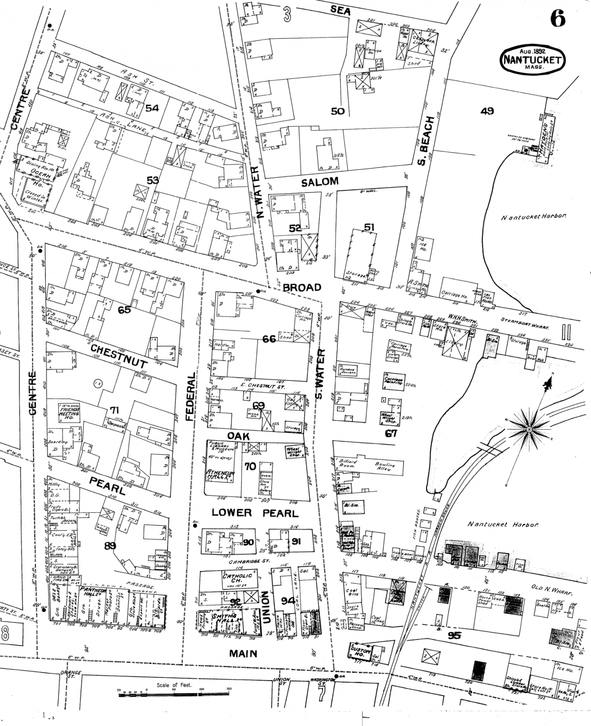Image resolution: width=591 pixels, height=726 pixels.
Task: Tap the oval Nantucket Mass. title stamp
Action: [x=532, y=60]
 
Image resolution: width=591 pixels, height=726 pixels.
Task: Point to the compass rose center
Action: [x=529, y=429]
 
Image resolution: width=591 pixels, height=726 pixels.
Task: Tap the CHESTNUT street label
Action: [x=119, y=356]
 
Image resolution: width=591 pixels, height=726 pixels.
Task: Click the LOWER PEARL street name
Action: [x=255, y=513]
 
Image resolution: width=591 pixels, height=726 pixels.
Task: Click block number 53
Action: [x=152, y=180]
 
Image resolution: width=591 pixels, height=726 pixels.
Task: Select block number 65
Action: [x=124, y=310]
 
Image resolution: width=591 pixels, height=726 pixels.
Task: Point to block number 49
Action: [x=487, y=111]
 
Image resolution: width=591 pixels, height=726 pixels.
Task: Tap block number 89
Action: [x=110, y=546]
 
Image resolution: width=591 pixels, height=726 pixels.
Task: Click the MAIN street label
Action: [x=243, y=654]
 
